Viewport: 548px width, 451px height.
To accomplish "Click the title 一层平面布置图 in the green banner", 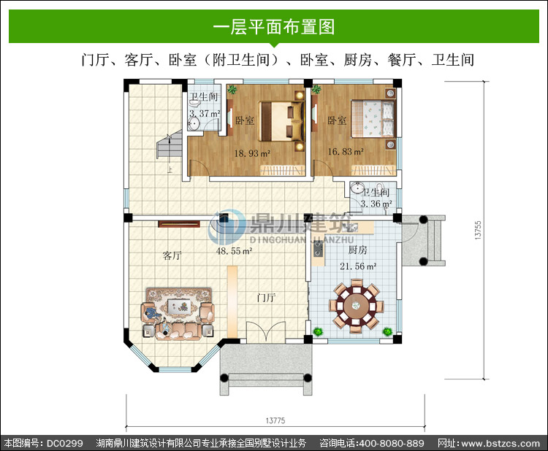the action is click(x=274, y=27).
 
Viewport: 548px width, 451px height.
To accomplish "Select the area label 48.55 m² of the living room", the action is click(x=234, y=250).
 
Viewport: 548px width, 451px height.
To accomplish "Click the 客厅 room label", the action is click(x=172, y=256).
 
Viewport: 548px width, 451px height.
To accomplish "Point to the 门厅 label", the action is click(x=266, y=298).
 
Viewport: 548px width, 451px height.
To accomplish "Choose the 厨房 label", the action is click(x=357, y=250).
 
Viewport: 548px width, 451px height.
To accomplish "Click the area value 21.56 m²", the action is click(x=358, y=266).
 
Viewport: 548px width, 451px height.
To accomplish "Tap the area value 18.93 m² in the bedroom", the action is click(x=252, y=153).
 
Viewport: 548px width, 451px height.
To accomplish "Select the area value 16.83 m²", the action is click(x=346, y=152).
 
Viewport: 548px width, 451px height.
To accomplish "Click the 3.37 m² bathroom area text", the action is click(x=205, y=113).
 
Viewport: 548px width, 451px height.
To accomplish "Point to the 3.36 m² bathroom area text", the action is click(x=376, y=204).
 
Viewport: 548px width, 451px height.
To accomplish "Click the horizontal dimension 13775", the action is click(x=275, y=420).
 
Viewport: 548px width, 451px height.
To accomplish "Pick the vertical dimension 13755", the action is click(x=478, y=230).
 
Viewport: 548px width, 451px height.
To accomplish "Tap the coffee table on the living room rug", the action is click(x=179, y=306).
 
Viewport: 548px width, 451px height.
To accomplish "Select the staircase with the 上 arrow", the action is click(x=170, y=148).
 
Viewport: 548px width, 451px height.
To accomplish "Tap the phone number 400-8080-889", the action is click(x=392, y=443).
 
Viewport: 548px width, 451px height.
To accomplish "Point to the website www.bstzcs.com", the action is click(x=501, y=444).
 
